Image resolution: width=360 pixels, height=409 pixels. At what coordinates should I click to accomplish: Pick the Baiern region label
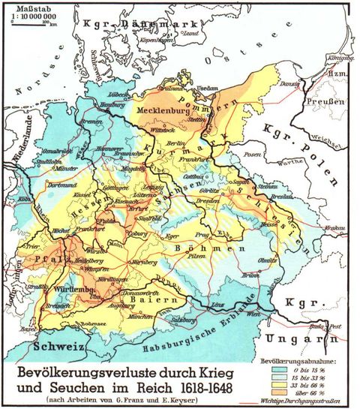158,299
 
